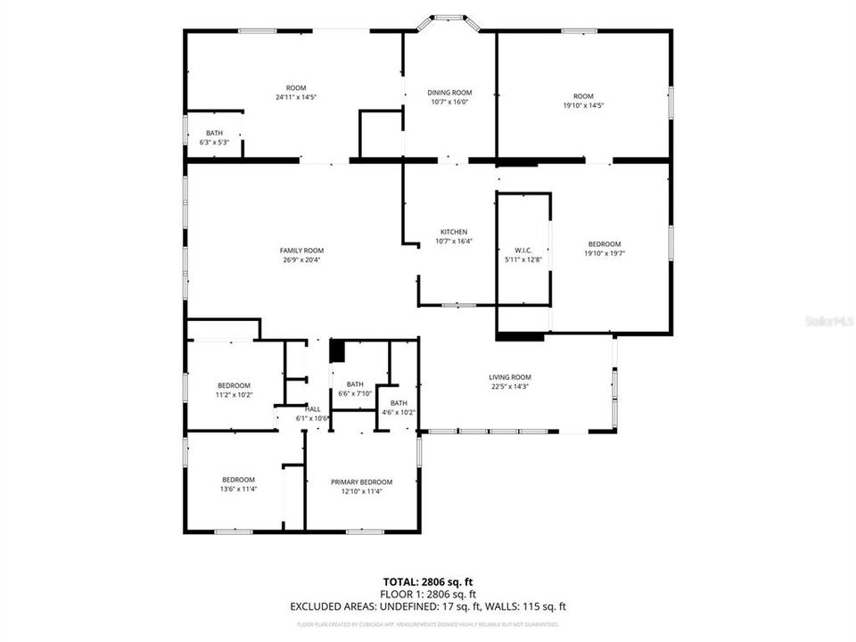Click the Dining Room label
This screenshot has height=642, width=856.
tap(449, 93)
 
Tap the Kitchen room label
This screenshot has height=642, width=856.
tap(453, 232)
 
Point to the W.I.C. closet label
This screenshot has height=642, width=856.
tap(523, 250)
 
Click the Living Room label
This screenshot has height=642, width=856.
tap(510, 376)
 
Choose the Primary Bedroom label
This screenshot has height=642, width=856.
tap(361, 481)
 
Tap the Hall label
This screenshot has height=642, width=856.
tap(313, 409)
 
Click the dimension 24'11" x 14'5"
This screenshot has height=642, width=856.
tap(296, 97)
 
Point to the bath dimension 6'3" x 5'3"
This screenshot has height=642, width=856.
tap(214, 143)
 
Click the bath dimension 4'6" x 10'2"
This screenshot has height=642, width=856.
tap(398, 412)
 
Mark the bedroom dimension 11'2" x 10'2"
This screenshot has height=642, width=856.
tap(234, 394)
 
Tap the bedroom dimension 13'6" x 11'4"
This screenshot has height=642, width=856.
tap(238, 489)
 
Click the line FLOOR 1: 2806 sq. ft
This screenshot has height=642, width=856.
tap(428, 594)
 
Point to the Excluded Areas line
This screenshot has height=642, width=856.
tap(428, 606)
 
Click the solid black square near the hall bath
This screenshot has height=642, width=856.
tap(337, 351)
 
